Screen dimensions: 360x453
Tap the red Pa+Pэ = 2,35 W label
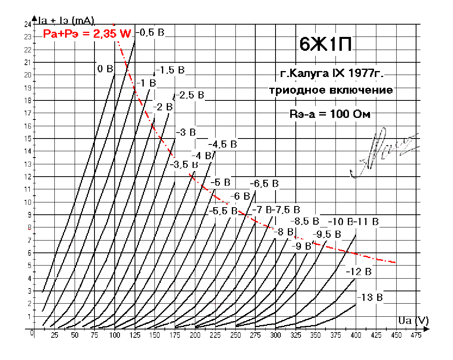87,34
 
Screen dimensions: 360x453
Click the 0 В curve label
105,69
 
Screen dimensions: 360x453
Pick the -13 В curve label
370,297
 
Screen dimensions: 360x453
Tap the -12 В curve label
359,272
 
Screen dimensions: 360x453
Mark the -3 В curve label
185,133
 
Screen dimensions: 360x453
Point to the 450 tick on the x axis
395,336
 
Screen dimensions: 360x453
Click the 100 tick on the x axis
114,336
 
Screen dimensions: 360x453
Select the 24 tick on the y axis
27,24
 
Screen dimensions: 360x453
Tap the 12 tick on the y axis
27,176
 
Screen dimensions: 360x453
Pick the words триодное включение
331,90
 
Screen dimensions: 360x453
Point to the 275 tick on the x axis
255,336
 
